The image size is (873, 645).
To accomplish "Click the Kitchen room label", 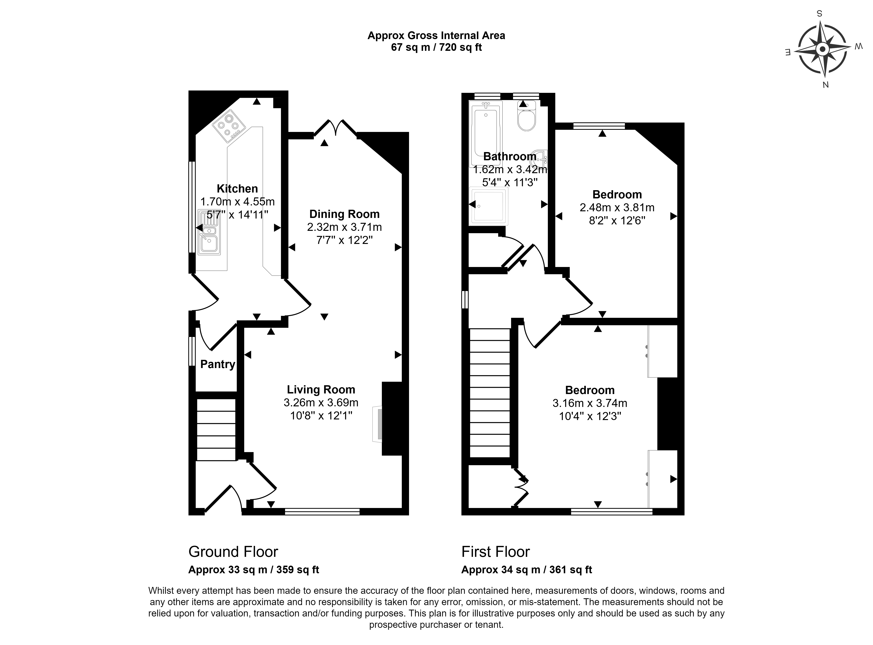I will tap(237, 189).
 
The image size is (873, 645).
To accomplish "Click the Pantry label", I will tap(218, 364).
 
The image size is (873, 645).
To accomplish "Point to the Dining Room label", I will tap(344, 214).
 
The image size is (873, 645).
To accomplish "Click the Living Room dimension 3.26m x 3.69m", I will tap(321, 403).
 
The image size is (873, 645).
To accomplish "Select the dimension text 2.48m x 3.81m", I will tap(617, 208).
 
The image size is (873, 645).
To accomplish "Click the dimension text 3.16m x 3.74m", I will tap(590, 403).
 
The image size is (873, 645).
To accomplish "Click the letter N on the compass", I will tap(825, 85).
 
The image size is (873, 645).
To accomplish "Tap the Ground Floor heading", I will tap(233, 552).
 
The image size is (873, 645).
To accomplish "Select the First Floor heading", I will tap(495, 552).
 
